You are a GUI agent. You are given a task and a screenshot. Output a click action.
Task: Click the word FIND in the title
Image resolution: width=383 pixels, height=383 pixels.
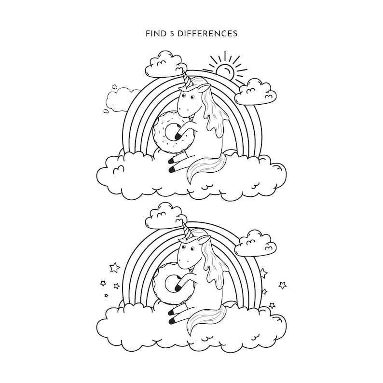(152, 34)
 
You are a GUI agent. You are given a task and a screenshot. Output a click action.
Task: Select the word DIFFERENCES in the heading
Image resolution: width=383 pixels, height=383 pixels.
(207, 34)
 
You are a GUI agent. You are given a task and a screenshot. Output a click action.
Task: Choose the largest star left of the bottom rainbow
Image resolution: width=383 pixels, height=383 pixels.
(115, 267)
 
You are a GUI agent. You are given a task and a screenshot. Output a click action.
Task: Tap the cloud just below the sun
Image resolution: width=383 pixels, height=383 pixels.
(256, 92)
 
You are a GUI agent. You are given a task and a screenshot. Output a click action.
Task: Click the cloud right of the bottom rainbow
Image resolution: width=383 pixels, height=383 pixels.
(256, 244)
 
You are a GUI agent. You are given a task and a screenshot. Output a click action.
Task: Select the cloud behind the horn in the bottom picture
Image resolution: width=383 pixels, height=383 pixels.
(163, 216)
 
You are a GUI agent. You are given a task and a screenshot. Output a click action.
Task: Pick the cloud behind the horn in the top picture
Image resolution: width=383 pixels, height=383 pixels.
(163, 64)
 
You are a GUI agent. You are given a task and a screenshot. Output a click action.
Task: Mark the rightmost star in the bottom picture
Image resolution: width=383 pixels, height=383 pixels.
(283, 285)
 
